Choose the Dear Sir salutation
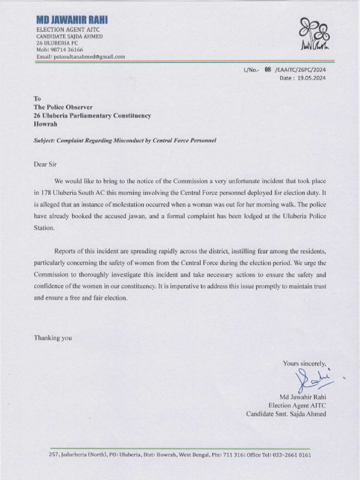[46, 162]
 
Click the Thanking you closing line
[53, 338]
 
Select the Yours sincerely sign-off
[304, 363]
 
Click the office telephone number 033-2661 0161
[295, 455]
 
